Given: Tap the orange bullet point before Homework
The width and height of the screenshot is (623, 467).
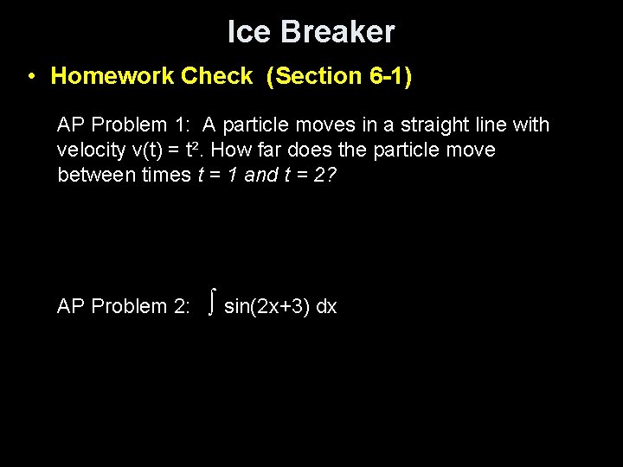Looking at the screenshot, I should point(30,76).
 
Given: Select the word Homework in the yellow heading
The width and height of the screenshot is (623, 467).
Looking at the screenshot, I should point(112,76).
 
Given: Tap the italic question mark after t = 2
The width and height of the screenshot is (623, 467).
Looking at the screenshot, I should point(331,176).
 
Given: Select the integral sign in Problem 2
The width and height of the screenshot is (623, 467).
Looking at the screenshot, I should point(211,304).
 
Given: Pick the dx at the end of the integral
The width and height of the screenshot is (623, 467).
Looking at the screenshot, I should point(326,306).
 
